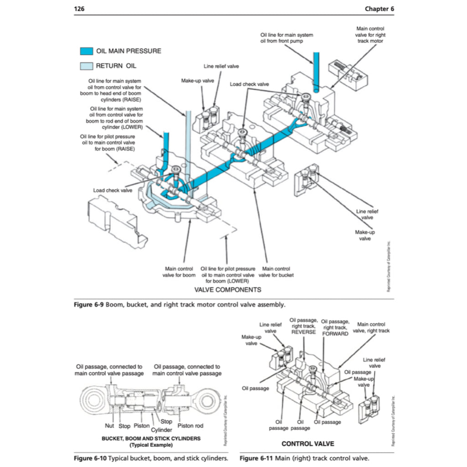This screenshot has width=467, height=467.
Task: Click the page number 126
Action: tap(79, 9)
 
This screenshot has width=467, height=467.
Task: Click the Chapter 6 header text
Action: tap(379, 9)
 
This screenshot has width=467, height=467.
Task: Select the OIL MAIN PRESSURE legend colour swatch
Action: tap(86, 51)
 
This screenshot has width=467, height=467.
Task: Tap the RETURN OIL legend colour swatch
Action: tap(86, 66)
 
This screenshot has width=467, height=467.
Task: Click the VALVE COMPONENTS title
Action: tap(228, 290)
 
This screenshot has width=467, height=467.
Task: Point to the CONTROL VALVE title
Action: tap(307, 444)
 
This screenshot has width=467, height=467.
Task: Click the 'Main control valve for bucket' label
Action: tap(276, 272)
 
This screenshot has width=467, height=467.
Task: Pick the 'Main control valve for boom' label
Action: tap(179, 272)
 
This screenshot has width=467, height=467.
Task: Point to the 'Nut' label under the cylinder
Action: tap(109, 425)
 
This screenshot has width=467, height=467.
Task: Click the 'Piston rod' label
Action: tap(190, 425)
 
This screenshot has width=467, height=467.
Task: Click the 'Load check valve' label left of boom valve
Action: tap(113, 190)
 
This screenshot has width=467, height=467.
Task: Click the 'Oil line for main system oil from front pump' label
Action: tap(286, 38)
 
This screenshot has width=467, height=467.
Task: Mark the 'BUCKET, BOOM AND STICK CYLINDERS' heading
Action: tap(150, 438)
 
